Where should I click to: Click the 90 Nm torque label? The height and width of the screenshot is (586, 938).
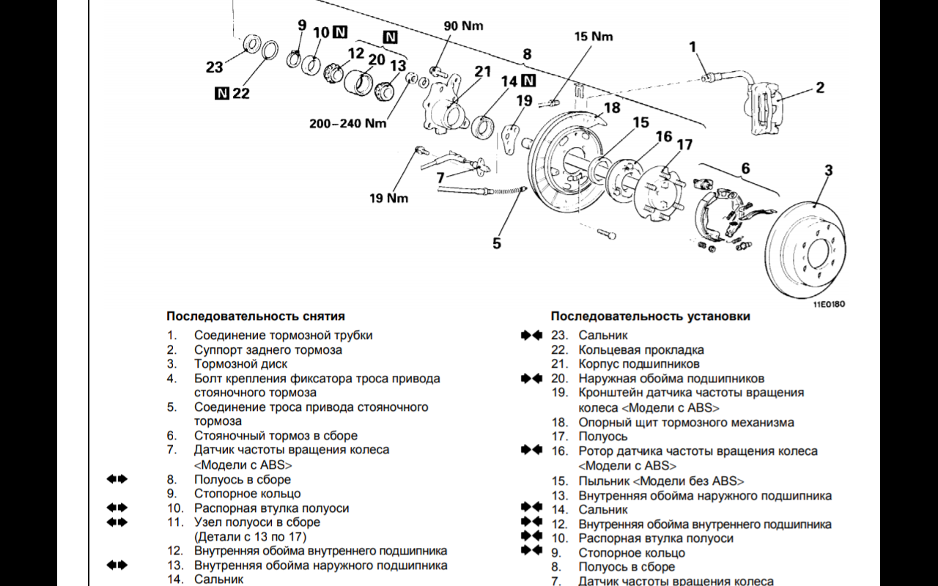464,26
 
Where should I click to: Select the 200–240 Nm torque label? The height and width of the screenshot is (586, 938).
347,123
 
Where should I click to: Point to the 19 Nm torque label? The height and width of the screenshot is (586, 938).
388,198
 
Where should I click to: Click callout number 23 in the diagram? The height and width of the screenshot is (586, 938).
214,67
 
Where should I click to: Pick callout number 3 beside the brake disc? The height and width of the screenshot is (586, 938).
828,171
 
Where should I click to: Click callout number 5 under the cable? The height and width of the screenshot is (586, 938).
497,242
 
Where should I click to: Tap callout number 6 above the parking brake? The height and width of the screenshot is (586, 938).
745,168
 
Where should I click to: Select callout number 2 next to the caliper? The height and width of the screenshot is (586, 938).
819,88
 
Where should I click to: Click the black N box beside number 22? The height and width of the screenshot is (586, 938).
221,93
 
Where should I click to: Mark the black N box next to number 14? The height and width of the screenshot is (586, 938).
529,81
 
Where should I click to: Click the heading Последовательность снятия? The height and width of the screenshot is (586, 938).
256,316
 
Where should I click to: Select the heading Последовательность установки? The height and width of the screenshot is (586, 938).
651,316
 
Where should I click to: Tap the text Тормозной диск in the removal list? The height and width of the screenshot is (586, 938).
240,364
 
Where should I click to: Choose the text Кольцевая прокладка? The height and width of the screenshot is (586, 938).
641,350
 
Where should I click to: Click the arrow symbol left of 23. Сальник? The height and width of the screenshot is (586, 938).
531,335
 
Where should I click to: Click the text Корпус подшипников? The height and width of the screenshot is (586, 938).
639,364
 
